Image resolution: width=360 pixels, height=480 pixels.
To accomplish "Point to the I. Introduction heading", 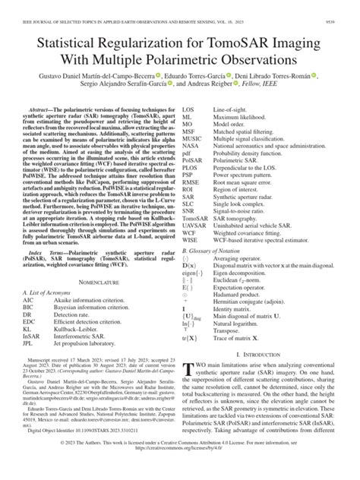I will click(270, 354).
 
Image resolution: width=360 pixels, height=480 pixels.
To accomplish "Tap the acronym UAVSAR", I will click(194, 230).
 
